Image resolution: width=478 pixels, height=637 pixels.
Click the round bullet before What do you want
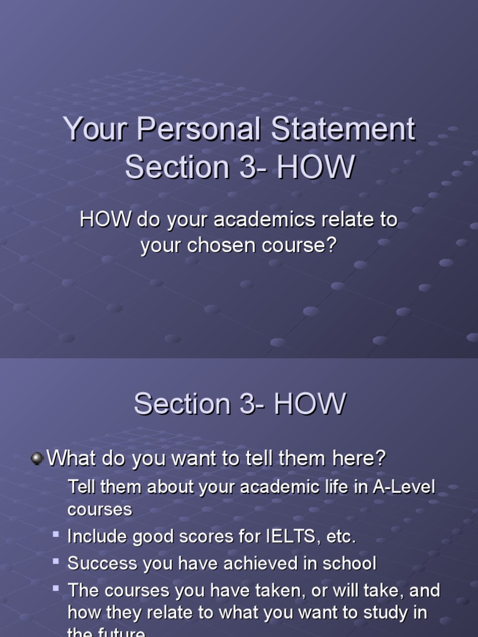(37, 459)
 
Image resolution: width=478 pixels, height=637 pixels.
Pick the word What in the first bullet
(70, 459)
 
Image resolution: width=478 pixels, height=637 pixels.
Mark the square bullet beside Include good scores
(56, 534)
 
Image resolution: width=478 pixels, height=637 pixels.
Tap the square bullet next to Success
(56, 561)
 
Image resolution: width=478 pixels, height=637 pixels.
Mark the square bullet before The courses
(56, 587)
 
